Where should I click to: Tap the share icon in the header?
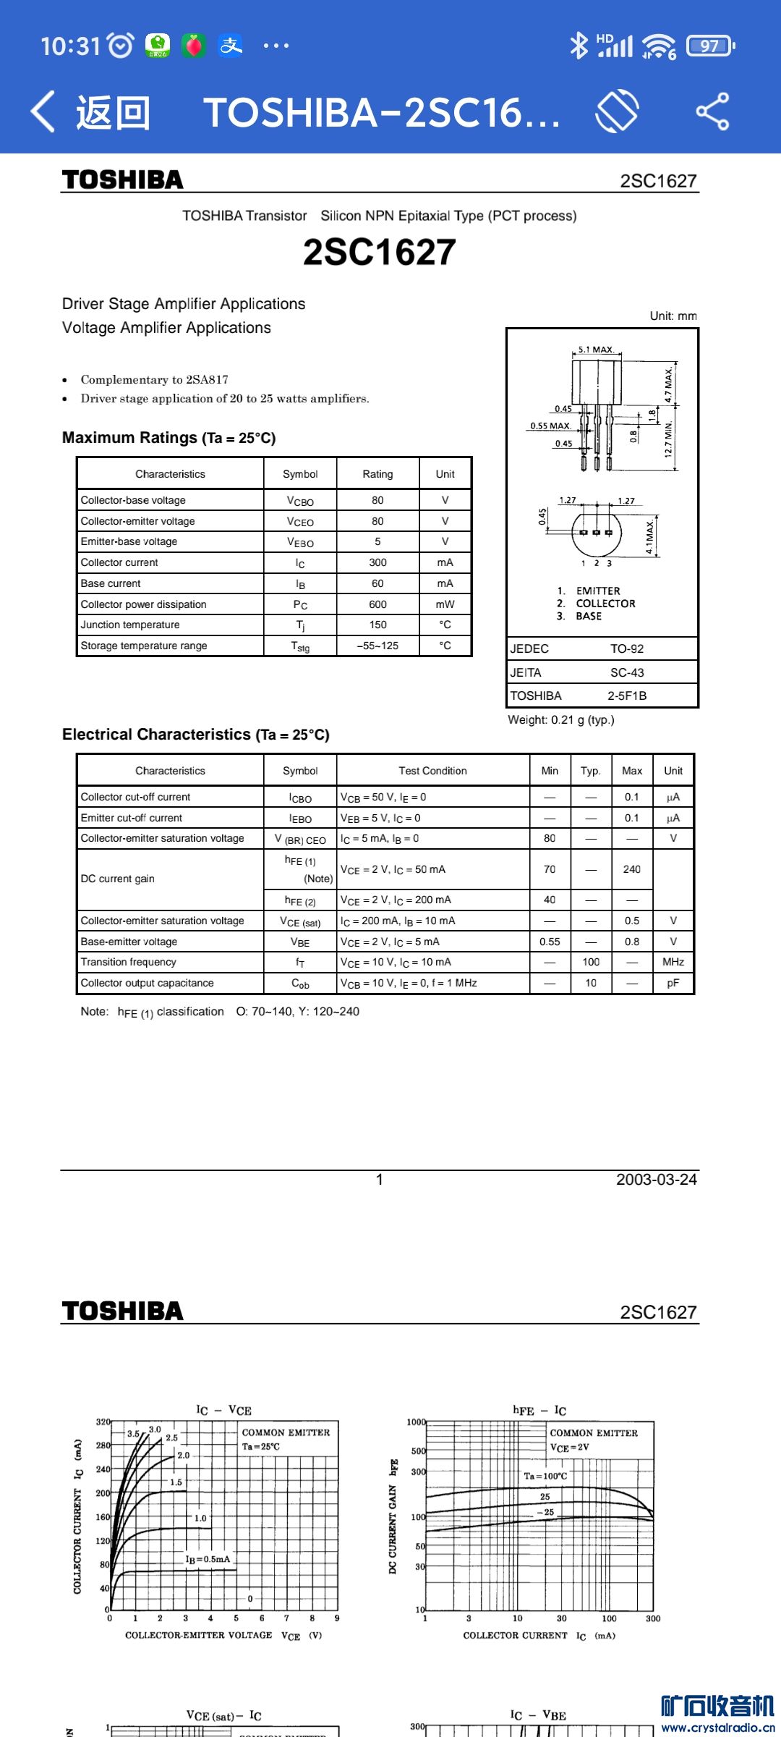(712, 111)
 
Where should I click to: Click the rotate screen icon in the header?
(617, 111)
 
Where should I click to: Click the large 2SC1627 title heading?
(379, 252)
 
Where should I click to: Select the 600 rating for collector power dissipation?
(377, 604)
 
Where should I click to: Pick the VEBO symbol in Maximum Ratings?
(300, 542)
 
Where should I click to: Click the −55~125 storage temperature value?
(377, 646)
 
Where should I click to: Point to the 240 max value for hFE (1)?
(631, 869)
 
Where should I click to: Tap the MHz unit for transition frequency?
(673, 962)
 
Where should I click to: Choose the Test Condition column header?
(432, 771)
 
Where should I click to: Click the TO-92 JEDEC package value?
(626, 648)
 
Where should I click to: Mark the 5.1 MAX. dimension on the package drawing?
(596, 350)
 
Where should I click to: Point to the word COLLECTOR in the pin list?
(605, 604)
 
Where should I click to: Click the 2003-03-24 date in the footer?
(656, 1179)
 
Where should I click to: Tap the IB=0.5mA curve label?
(208, 1559)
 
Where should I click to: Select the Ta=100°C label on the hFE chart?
(545, 1476)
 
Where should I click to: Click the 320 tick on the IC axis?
(103, 1422)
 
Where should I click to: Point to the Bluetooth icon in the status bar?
(579, 46)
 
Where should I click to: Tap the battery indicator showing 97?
(709, 46)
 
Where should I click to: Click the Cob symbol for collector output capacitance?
(300, 984)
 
